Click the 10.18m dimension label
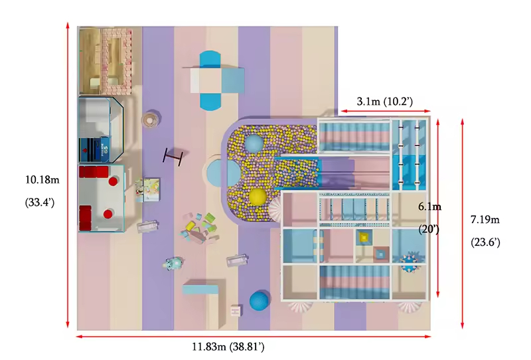point(42,179)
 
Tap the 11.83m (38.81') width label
point(228,347)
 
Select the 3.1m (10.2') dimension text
point(385,101)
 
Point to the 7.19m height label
point(485,220)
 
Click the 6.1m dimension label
point(429,206)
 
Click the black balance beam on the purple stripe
point(173,157)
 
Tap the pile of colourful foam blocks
point(200,226)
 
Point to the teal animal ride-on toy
point(174,262)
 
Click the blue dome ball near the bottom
point(260,300)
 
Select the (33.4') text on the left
point(40,203)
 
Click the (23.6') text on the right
point(486,242)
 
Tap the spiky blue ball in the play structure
point(412,261)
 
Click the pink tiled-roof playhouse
point(117,61)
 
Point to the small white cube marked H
point(236,310)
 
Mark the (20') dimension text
point(429,230)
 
